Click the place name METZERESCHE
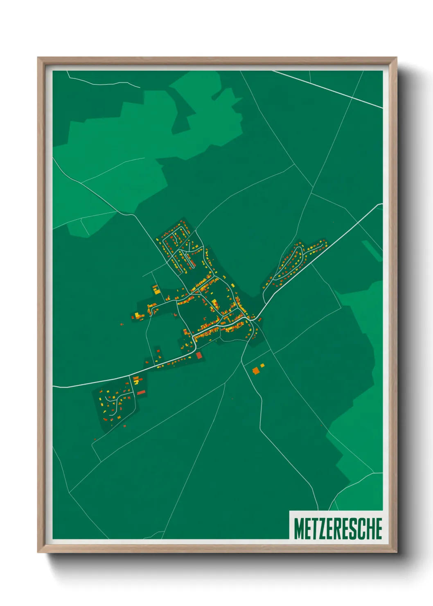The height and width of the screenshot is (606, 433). tap(338, 529)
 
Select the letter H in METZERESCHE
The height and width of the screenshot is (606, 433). tap(370, 529)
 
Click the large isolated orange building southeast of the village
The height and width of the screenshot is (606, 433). tap(256, 371)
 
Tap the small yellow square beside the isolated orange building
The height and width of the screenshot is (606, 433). tap(262, 365)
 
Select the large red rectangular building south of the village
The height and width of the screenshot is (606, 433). tap(199, 355)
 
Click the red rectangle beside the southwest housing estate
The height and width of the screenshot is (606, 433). tap(141, 392)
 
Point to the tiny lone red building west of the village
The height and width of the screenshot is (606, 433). tap(122, 324)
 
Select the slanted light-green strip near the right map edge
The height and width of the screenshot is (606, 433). tap(372, 250)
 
